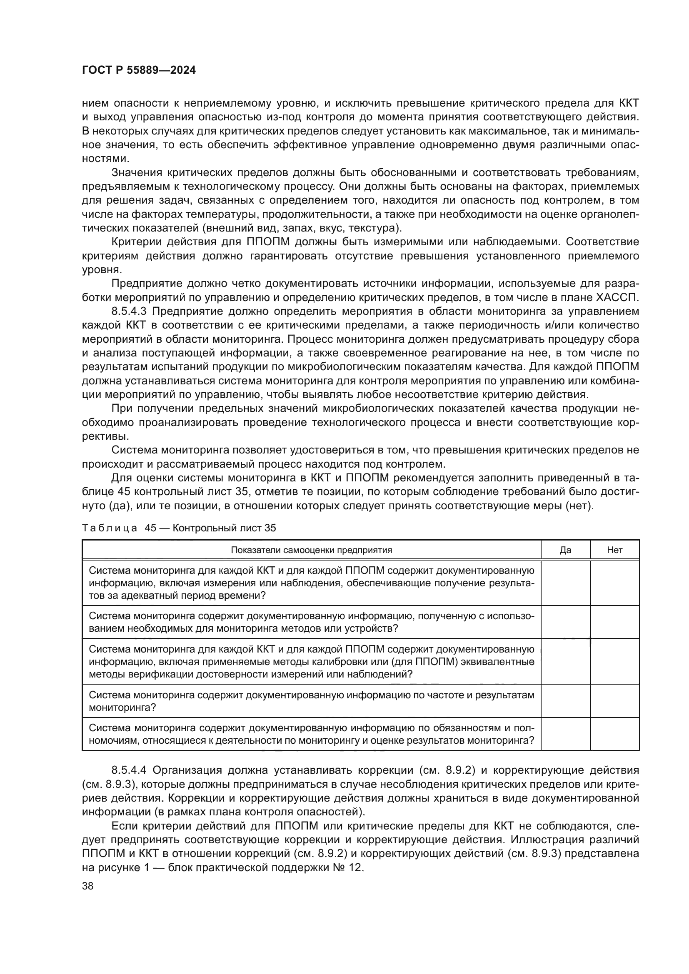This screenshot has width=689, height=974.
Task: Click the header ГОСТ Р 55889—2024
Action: click(x=139, y=70)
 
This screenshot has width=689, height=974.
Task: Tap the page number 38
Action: click(x=87, y=886)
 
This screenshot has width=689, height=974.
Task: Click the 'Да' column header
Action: click(x=565, y=550)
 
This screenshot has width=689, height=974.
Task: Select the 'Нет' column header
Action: click(x=614, y=550)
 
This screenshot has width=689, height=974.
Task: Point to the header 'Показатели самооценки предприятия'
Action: click(x=311, y=550)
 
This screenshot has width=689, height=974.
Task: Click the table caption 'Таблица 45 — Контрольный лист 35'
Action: click(x=179, y=528)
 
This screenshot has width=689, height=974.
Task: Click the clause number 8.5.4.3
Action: click(x=129, y=311)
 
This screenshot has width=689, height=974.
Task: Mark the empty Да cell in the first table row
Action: click(x=565, y=583)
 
